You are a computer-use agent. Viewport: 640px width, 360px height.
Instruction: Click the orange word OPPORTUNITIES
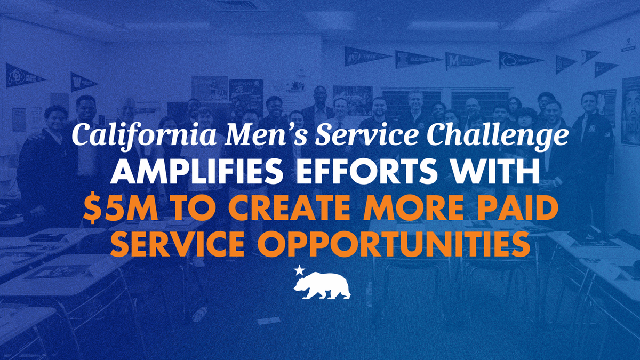pos(394,245)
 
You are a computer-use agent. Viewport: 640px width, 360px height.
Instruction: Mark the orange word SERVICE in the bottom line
pos(177,245)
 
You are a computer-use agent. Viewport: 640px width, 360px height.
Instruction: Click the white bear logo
pos(322,285)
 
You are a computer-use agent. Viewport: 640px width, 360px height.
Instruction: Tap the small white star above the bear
pos(299,270)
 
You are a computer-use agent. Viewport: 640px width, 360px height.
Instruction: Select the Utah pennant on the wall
pos(367,57)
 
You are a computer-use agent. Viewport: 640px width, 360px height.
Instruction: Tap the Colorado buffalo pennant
pos(25,75)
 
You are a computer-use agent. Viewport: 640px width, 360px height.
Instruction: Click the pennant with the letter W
pos(83,82)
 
